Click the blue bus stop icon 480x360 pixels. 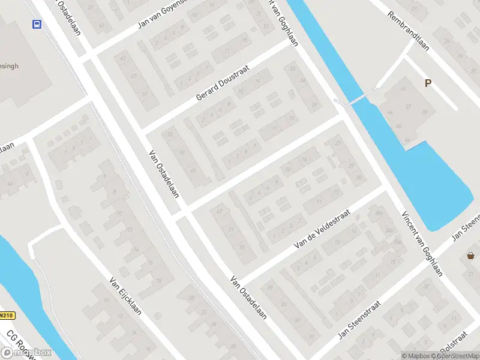click(x=37, y=24)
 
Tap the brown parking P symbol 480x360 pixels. click(x=428, y=83)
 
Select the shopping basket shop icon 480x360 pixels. click(x=470, y=256)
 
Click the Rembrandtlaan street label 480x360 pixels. click(x=408, y=31)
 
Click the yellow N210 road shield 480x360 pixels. click(x=7, y=316)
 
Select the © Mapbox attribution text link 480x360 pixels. click(x=416, y=356)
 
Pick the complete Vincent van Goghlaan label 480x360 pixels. click(x=422, y=244)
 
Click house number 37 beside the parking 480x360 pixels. click(x=408, y=106)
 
